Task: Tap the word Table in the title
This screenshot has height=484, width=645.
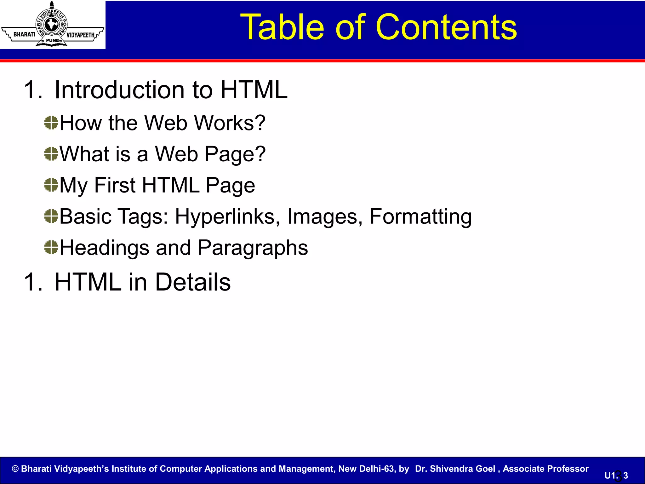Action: tap(282, 27)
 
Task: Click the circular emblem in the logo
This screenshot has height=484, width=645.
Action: tap(51, 25)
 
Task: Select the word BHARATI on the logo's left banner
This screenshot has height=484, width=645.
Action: tap(24, 34)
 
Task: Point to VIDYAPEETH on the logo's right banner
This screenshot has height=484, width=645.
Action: tap(80, 35)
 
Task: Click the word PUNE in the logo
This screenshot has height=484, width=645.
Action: tap(52, 40)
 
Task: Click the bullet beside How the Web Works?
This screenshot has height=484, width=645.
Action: tap(51, 123)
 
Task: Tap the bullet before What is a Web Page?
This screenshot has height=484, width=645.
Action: tap(51, 154)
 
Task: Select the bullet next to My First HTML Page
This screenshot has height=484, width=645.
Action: tap(51, 185)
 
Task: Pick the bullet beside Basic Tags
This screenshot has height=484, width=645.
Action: tap(51, 216)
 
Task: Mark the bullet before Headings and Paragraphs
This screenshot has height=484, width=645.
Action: tap(51, 247)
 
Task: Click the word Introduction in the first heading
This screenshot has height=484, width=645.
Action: tap(120, 90)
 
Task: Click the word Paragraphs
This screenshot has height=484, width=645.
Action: tap(253, 248)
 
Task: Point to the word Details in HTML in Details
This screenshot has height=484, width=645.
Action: tap(193, 282)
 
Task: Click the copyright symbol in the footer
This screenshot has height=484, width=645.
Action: tap(15, 469)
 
